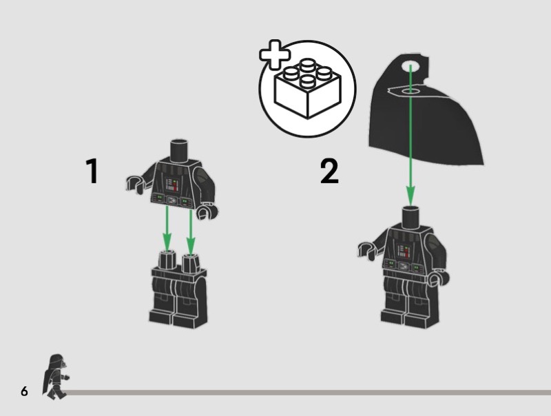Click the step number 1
point(92,171)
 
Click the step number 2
point(329,171)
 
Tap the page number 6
point(24,391)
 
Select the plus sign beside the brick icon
point(274,54)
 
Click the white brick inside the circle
point(307,88)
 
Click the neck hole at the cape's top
point(410,67)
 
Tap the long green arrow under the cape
point(410,135)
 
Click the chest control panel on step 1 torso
point(172,185)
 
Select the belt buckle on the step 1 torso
point(171,200)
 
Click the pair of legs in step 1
point(178,289)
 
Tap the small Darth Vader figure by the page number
point(56,377)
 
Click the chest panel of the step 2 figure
point(404,251)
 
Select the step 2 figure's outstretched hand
point(366,250)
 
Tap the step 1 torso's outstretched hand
point(135,184)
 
